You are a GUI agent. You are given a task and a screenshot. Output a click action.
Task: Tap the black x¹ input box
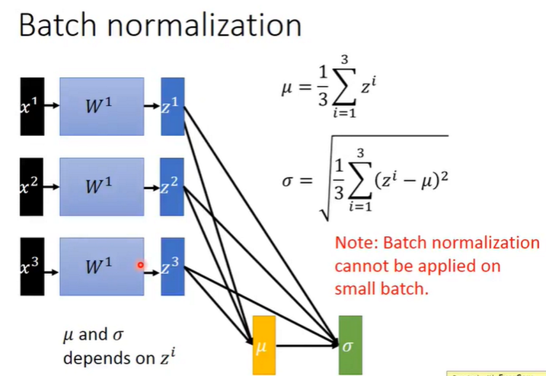click(x=32, y=107)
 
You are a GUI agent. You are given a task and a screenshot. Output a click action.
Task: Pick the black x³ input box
click(x=32, y=266)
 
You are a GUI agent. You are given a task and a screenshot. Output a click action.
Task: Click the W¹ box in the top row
click(x=102, y=107)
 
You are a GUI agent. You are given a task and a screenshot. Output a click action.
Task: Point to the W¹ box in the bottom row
click(x=102, y=266)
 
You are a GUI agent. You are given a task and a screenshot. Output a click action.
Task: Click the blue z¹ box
click(x=172, y=107)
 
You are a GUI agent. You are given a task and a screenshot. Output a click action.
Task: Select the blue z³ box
click(x=172, y=266)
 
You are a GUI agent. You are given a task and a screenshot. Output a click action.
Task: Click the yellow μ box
click(x=264, y=345)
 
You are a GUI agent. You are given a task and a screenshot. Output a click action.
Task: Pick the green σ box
click(x=350, y=345)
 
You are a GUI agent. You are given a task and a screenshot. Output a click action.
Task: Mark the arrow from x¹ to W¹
click(x=52, y=107)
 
